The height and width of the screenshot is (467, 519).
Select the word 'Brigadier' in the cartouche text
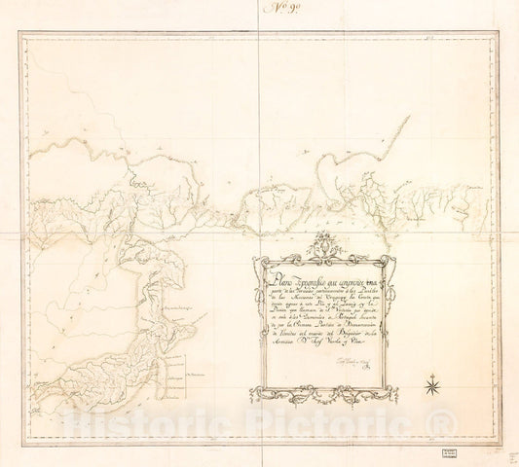point(348,348)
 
